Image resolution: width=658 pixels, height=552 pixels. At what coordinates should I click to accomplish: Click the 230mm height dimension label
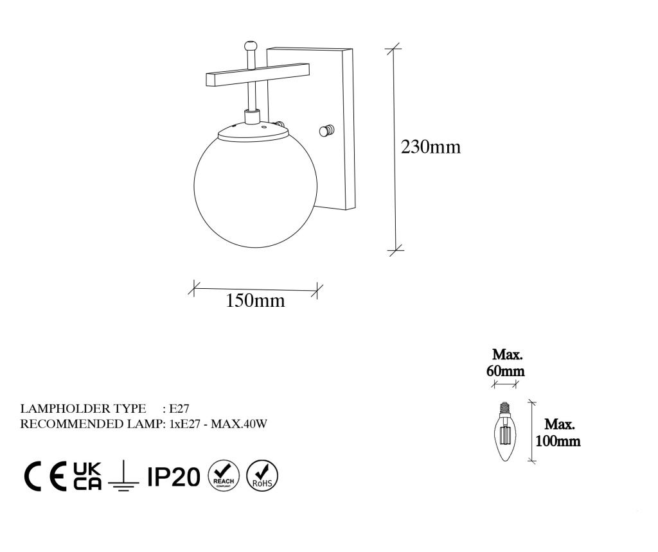coord(431,147)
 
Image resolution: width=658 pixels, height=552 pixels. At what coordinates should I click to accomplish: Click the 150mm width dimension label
coord(255,300)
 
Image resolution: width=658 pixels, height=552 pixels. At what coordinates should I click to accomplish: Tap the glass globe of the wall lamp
coord(255,191)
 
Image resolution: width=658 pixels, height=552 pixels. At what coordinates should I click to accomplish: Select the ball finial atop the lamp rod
coord(250,44)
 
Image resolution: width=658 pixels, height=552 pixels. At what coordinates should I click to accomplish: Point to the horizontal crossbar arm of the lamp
coord(258,74)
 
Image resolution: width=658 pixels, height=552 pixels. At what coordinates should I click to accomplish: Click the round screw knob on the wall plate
coord(326,131)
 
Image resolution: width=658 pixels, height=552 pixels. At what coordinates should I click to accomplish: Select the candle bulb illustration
coord(505,431)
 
